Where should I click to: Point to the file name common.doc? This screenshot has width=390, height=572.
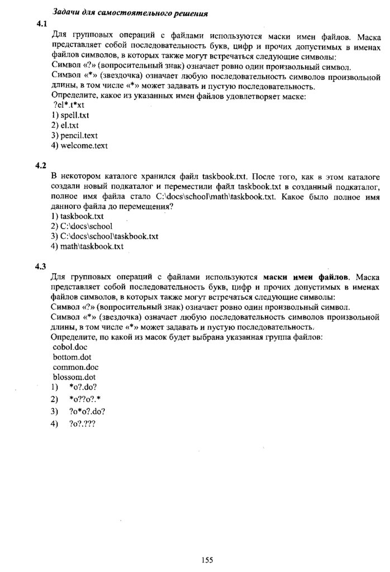tap(75, 367)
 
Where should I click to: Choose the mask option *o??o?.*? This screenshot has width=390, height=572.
tap(85, 399)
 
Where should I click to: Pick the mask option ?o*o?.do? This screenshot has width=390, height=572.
tap(87, 411)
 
